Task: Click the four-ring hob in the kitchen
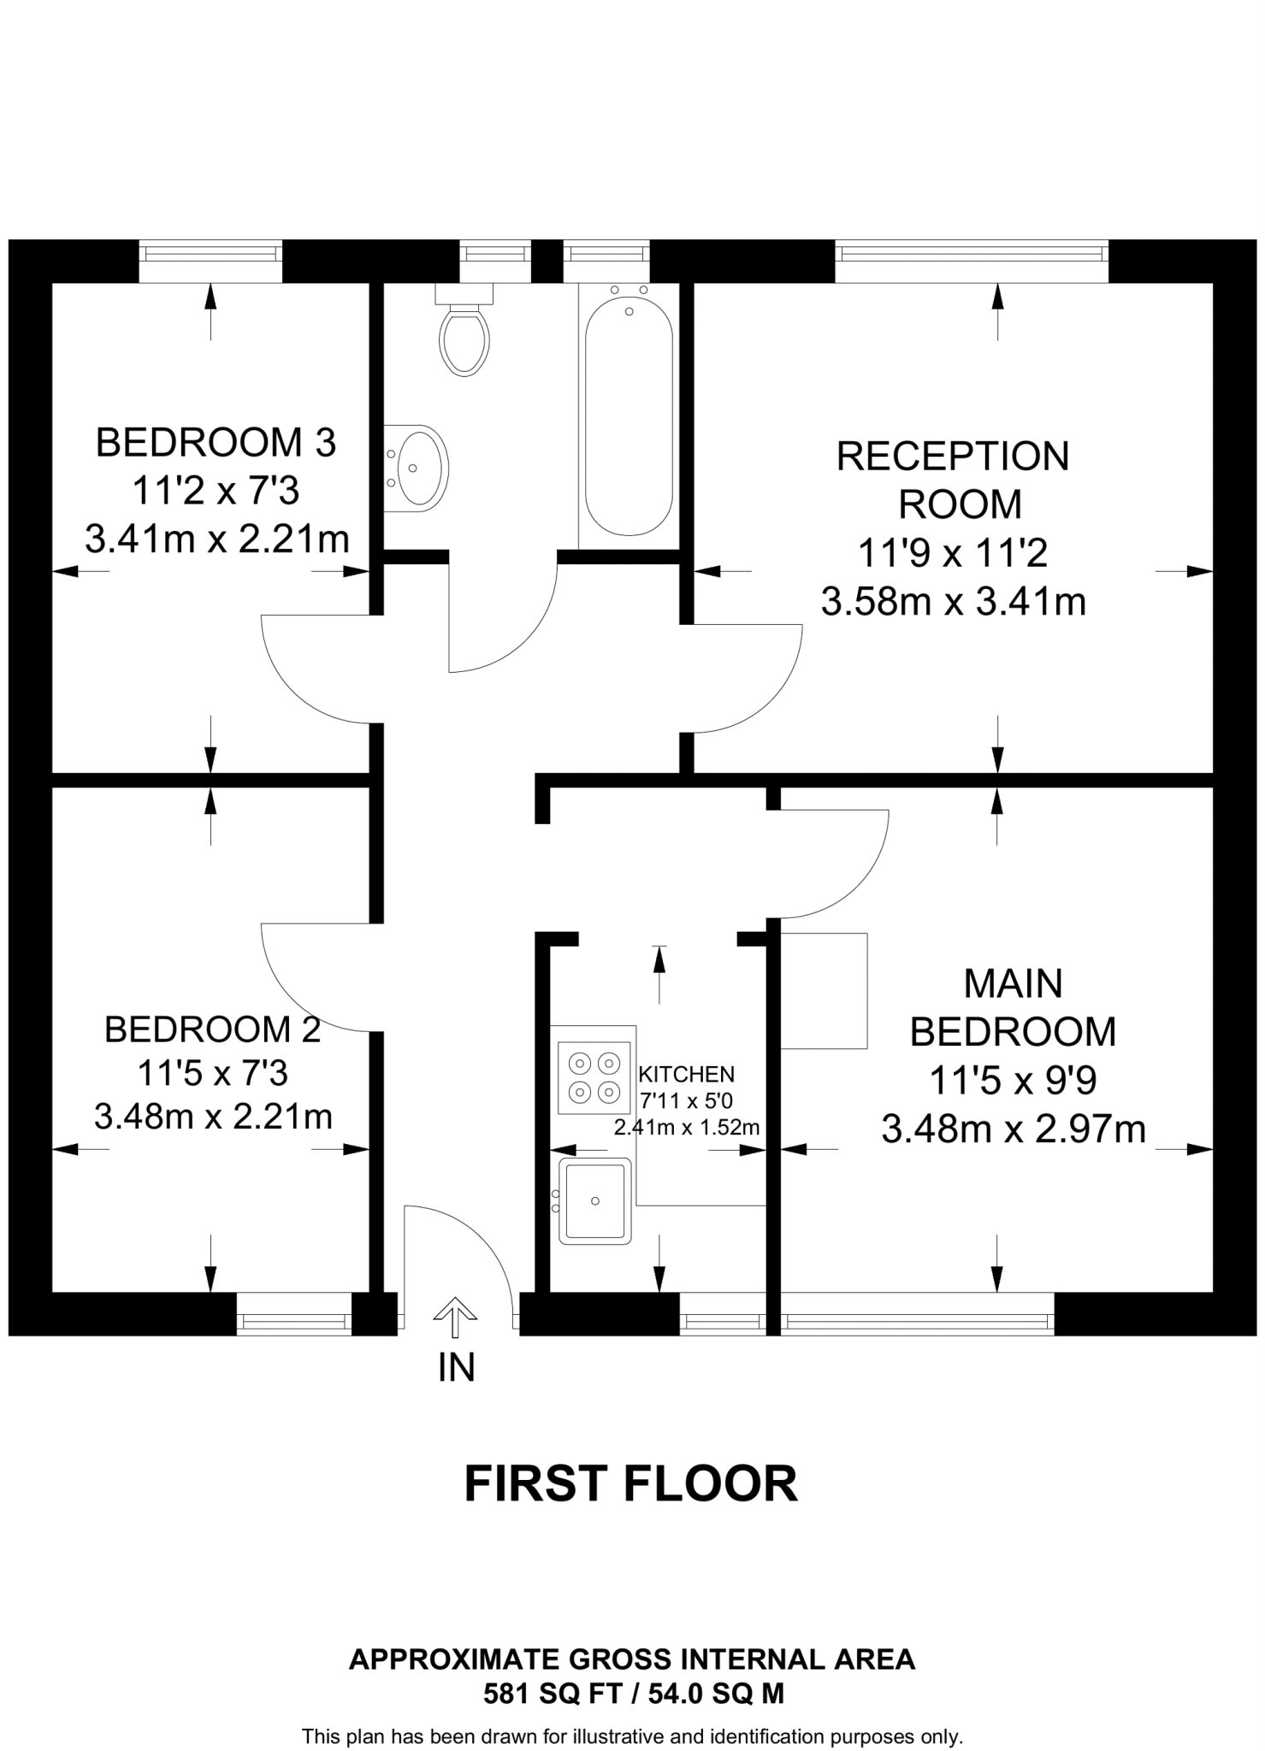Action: click(594, 1077)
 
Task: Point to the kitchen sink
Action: click(594, 1200)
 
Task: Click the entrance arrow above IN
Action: click(456, 1317)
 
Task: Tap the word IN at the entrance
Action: click(456, 1367)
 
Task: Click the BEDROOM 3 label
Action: click(216, 443)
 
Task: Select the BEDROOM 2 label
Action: click(212, 1029)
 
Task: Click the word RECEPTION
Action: click(953, 457)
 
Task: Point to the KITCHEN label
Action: click(686, 1074)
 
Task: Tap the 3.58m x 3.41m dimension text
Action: click(953, 602)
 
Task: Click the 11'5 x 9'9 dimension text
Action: click(1013, 1081)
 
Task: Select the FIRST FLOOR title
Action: click(630, 1483)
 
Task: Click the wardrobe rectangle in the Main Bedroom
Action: click(824, 990)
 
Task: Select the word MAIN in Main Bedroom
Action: click(1013, 983)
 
